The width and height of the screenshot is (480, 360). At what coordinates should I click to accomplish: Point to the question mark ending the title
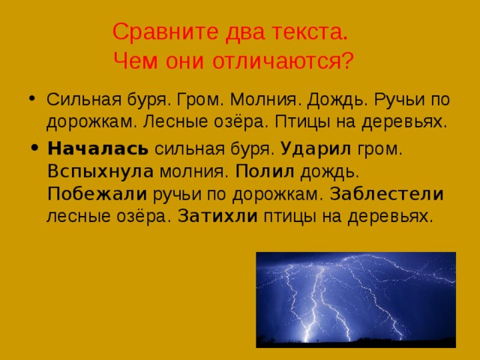coord(346,59)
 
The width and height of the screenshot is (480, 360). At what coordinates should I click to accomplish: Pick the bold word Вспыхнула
coord(100,171)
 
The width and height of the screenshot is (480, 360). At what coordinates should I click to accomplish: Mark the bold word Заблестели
coord(387,194)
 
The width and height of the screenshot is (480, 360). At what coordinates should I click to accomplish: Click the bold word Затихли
coord(219,217)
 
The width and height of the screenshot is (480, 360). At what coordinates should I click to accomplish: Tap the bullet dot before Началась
coord(31,148)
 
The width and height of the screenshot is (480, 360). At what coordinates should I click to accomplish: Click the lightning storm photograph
coord(355,299)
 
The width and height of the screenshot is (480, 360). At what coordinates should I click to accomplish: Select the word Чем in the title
coord(140,59)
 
